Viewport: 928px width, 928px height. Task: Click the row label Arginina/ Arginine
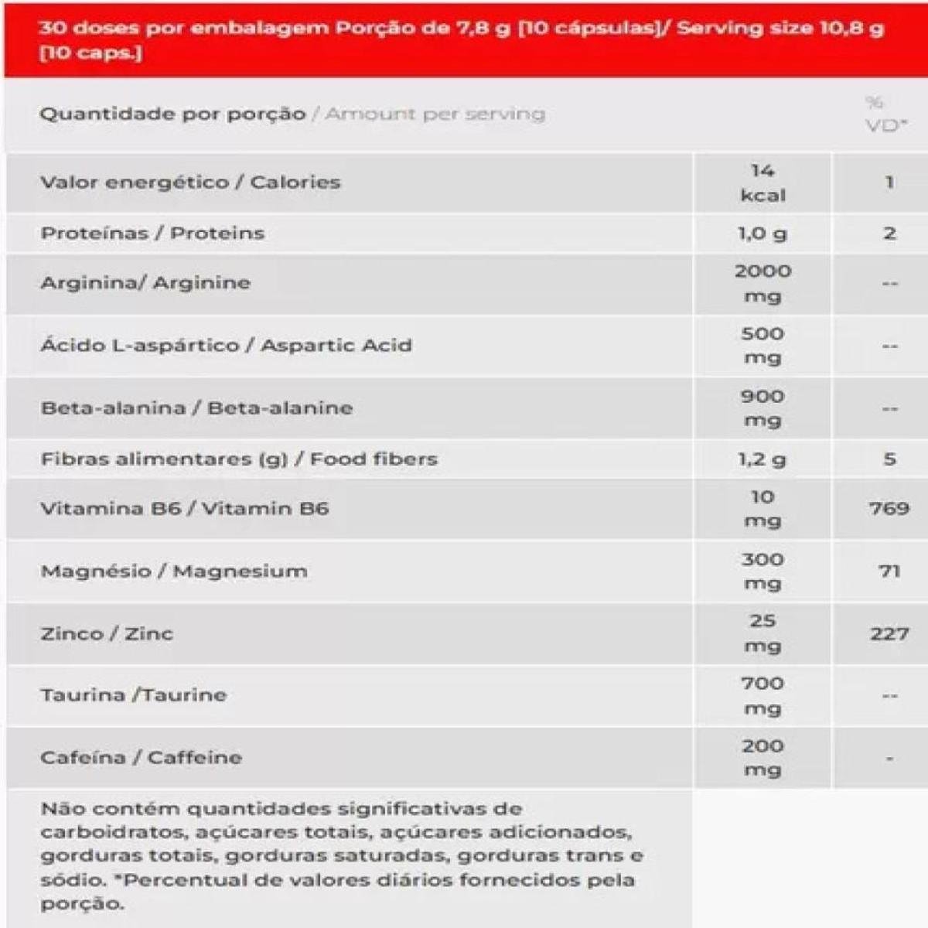[145, 282]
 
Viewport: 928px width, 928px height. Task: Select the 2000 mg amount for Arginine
[763, 283]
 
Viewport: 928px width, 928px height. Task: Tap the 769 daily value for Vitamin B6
[889, 508]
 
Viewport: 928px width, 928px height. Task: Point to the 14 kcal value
[763, 183]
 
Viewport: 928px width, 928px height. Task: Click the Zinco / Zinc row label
[107, 633]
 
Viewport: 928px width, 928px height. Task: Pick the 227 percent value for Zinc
[889, 633]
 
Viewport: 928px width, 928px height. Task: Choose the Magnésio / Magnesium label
[174, 571]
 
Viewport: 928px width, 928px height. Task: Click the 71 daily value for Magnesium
[889, 571]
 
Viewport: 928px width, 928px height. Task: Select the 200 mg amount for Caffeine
[763, 758]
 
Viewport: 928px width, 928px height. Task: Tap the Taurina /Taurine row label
[134, 694]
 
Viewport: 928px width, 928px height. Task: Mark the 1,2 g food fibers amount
[763, 459]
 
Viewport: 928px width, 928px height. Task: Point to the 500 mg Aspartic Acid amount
[763, 346]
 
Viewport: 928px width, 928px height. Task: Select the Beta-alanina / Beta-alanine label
[196, 408]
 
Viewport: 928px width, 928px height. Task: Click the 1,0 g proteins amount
[763, 233]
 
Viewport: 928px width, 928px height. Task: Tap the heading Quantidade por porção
[172, 114]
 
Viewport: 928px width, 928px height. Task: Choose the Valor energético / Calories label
[190, 183]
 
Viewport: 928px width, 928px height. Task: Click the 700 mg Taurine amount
[763, 695]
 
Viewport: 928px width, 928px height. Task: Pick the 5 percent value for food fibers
[889, 459]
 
